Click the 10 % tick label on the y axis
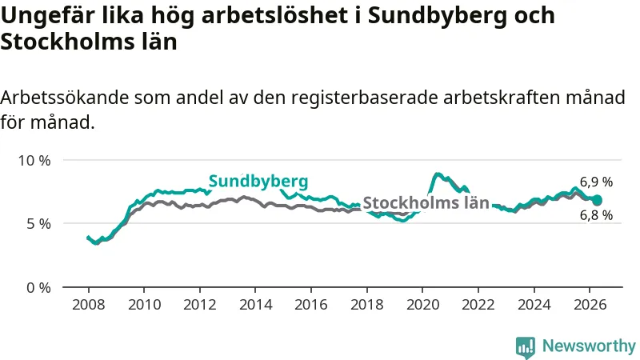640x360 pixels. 34,161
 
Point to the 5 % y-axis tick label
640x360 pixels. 38,224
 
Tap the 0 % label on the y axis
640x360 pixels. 38,288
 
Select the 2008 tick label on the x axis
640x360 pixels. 89,305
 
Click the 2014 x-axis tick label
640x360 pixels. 255,305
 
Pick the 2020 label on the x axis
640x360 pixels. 423,305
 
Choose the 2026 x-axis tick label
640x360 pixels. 590,305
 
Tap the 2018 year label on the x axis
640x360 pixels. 367,305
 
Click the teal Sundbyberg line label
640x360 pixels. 258,182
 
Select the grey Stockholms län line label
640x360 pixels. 426,203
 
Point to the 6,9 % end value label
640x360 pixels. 596,182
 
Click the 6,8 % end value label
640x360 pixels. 596,214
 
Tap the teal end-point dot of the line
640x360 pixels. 597,200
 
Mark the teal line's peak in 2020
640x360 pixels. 437,174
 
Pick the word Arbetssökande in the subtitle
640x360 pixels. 65,98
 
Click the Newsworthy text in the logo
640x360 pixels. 589,346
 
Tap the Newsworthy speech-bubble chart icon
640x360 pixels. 526,347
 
